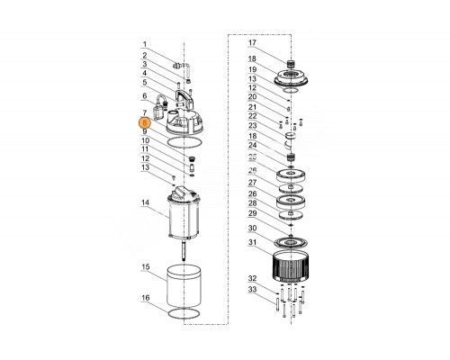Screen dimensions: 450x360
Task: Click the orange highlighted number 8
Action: pyautogui.click(x=145, y=123)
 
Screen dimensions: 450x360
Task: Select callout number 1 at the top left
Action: pyautogui.click(x=145, y=44)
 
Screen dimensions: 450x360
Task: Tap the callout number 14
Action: pyautogui.click(x=145, y=202)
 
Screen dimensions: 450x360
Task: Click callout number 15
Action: pyautogui.click(x=146, y=266)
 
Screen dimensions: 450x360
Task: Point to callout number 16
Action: pyautogui.click(x=146, y=298)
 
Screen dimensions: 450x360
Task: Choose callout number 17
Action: pyautogui.click(x=252, y=42)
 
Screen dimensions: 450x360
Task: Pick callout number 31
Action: pyautogui.click(x=253, y=242)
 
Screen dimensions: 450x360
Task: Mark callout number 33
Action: pyautogui.click(x=253, y=290)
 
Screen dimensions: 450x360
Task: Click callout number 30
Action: pyautogui.click(x=253, y=229)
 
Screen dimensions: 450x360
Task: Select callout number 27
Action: pyautogui.click(x=253, y=183)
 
